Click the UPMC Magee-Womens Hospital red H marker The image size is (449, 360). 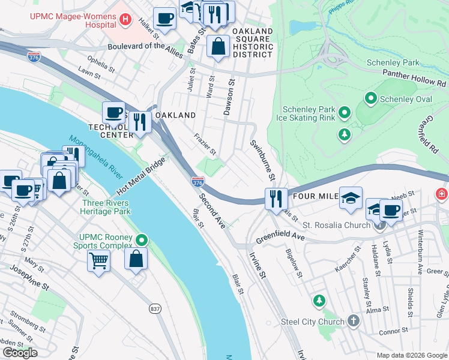point(125,19)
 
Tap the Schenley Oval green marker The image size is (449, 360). point(371,98)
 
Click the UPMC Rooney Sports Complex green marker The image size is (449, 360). point(141,240)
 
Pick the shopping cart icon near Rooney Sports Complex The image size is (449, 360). point(98,261)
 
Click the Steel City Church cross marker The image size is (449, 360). point(353,321)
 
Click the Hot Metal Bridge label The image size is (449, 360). point(140,176)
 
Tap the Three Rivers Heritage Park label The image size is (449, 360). point(106,207)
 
